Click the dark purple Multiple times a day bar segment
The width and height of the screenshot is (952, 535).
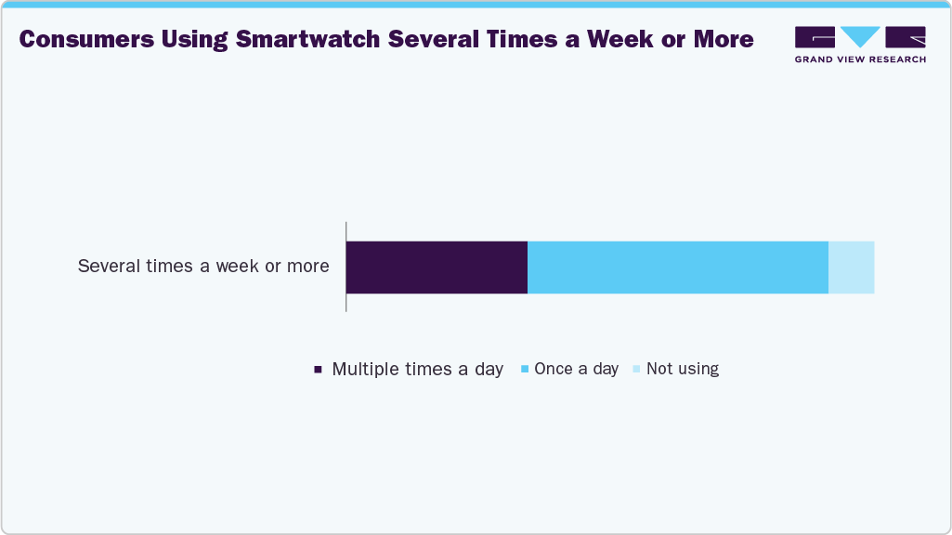437,267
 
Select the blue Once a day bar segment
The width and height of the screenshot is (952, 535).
677,267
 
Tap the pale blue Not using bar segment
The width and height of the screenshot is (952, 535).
851,267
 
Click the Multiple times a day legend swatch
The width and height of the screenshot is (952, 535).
318,370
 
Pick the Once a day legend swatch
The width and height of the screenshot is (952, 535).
525,370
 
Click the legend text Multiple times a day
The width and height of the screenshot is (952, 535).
417,369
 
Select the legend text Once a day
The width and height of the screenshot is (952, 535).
576,369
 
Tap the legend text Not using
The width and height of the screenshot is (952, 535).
683,369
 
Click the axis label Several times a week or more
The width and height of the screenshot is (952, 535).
203,267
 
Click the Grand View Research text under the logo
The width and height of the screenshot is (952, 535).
860,59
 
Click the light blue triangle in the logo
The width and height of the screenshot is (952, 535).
860,36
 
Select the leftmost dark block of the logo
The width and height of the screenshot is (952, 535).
815,37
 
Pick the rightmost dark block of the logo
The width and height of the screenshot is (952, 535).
906,37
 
